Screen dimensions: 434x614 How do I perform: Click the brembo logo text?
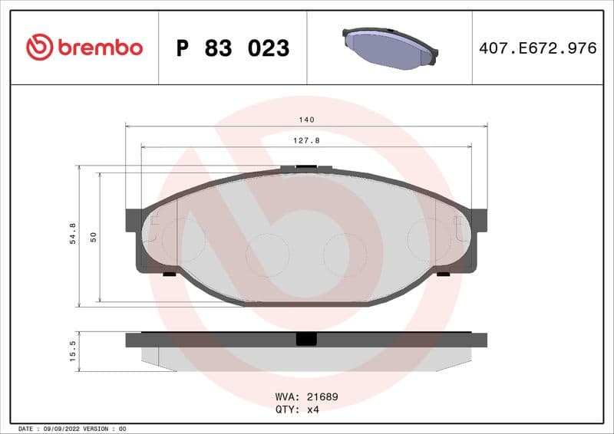click(100, 48)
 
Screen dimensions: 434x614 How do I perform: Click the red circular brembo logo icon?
click(40, 48)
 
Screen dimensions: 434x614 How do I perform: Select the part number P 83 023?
click(233, 48)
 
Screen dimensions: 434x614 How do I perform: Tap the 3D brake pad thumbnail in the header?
click(389, 48)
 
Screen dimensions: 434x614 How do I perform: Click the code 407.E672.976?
click(537, 48)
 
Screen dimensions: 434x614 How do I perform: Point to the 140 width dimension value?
click(307, 120)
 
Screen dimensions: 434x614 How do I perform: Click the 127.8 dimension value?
click(307, 141)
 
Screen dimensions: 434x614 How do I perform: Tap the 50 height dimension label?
click(94, 237)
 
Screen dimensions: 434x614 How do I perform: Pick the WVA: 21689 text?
click(306, 397)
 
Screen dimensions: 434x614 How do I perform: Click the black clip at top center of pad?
click(306, 168)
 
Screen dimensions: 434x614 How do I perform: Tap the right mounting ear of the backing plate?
click(480, 220)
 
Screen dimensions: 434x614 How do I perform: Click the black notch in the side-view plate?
click(306, 339)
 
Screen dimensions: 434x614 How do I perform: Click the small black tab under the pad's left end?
click(170, 274)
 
